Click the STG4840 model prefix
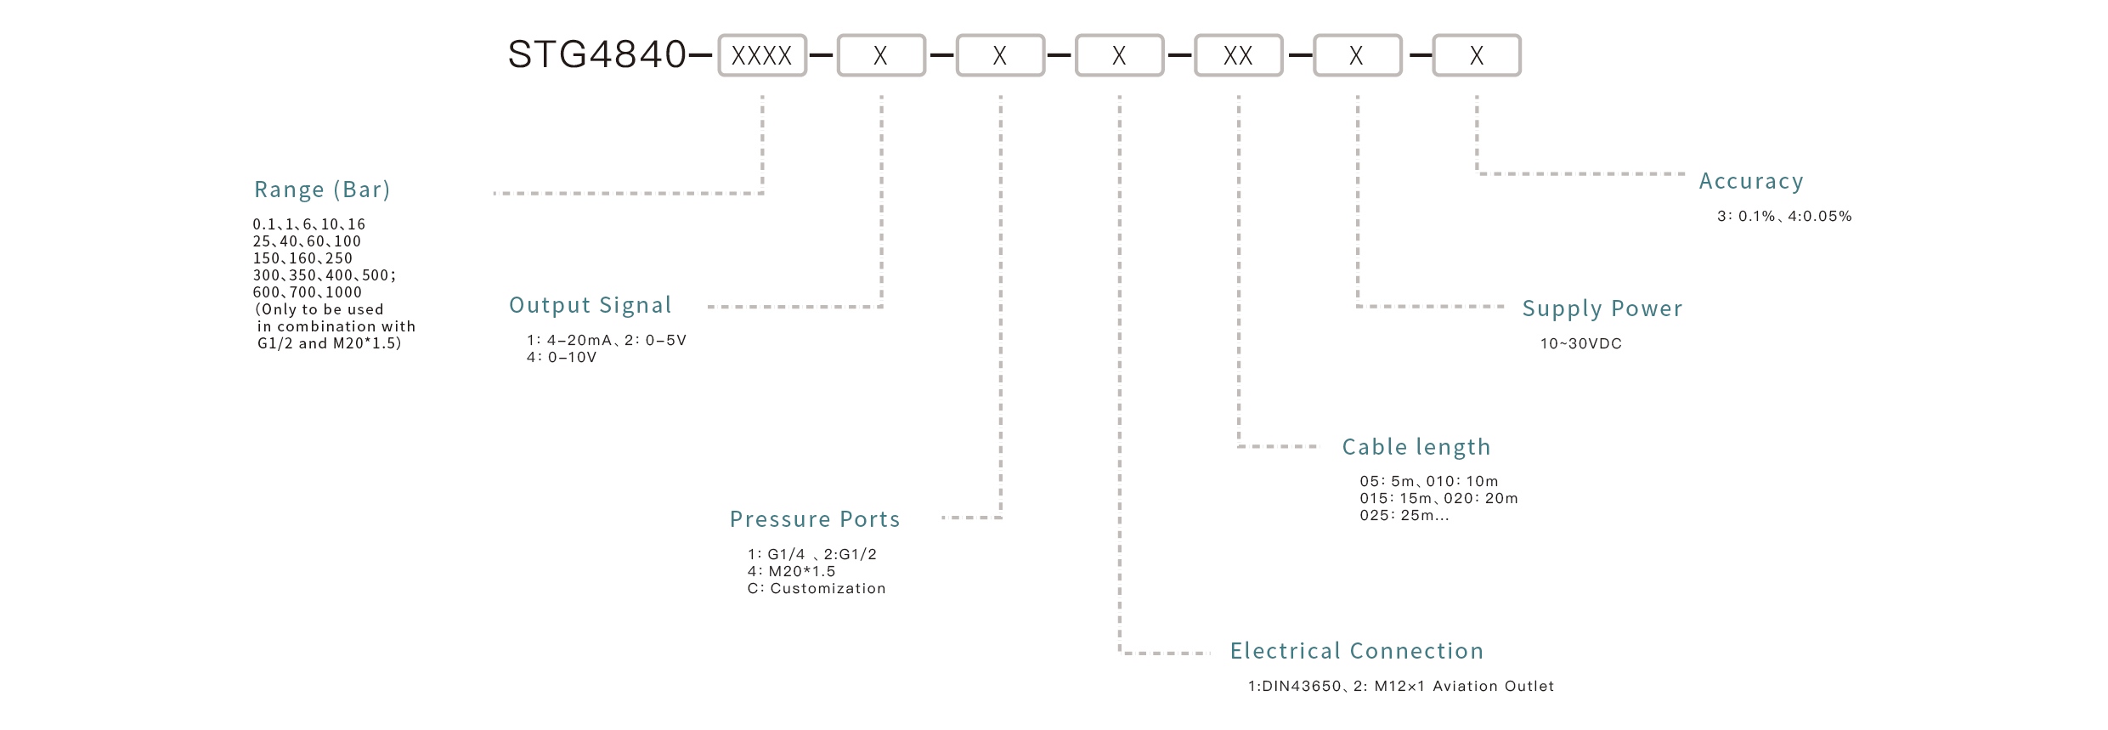tap(596, 55)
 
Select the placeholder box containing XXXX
tap(761, 56)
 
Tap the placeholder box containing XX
tap(1238, 56)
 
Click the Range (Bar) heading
tap(322, 190)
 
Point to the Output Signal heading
tap(591, 305)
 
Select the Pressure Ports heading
tap(815, 519)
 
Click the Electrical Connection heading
tap(1357, 651)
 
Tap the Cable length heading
tap(1416, 447)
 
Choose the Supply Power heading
tap(1602, 308)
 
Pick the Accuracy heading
tap(1751, 181)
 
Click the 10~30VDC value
tap(1581, 344)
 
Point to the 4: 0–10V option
tap(562, 358)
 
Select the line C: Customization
tap(817, 589)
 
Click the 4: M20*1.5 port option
tap(792, 572)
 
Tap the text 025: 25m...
tap(1404, 516)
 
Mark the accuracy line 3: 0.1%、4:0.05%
tap(1784, 217)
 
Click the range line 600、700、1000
tap(308, 292)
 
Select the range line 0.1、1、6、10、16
tap(309, 224)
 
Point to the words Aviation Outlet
tap(1493, 687)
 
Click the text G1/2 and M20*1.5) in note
tap(330, 343)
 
